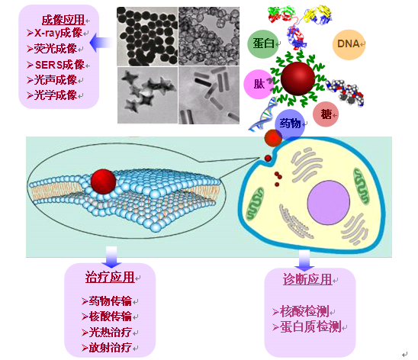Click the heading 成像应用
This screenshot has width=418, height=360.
coord(63,20)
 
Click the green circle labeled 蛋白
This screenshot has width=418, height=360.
coord(263,43)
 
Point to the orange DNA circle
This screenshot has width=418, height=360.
coord(349,44)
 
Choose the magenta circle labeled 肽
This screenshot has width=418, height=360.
coord(258,84)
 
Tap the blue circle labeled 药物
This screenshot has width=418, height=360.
coord(290,124)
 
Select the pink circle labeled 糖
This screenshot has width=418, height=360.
coord(326,114)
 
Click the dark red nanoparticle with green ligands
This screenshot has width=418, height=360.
coord(297,79)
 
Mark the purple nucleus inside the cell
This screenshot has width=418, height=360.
coord(328,202)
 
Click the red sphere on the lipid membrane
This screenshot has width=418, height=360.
coord(103,182)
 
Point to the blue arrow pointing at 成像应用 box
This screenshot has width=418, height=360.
coord(101,43)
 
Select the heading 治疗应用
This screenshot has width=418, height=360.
coord(110,277)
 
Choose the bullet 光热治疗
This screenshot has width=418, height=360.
coord(107,333)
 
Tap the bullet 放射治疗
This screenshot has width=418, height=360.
coord(107,348)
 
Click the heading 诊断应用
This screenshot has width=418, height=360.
coord(307,279)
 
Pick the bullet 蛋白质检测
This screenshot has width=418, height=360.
coord(307,326)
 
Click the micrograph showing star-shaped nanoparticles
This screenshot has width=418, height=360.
coord(147,95)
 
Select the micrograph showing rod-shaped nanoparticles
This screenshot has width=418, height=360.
coord(209,95)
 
